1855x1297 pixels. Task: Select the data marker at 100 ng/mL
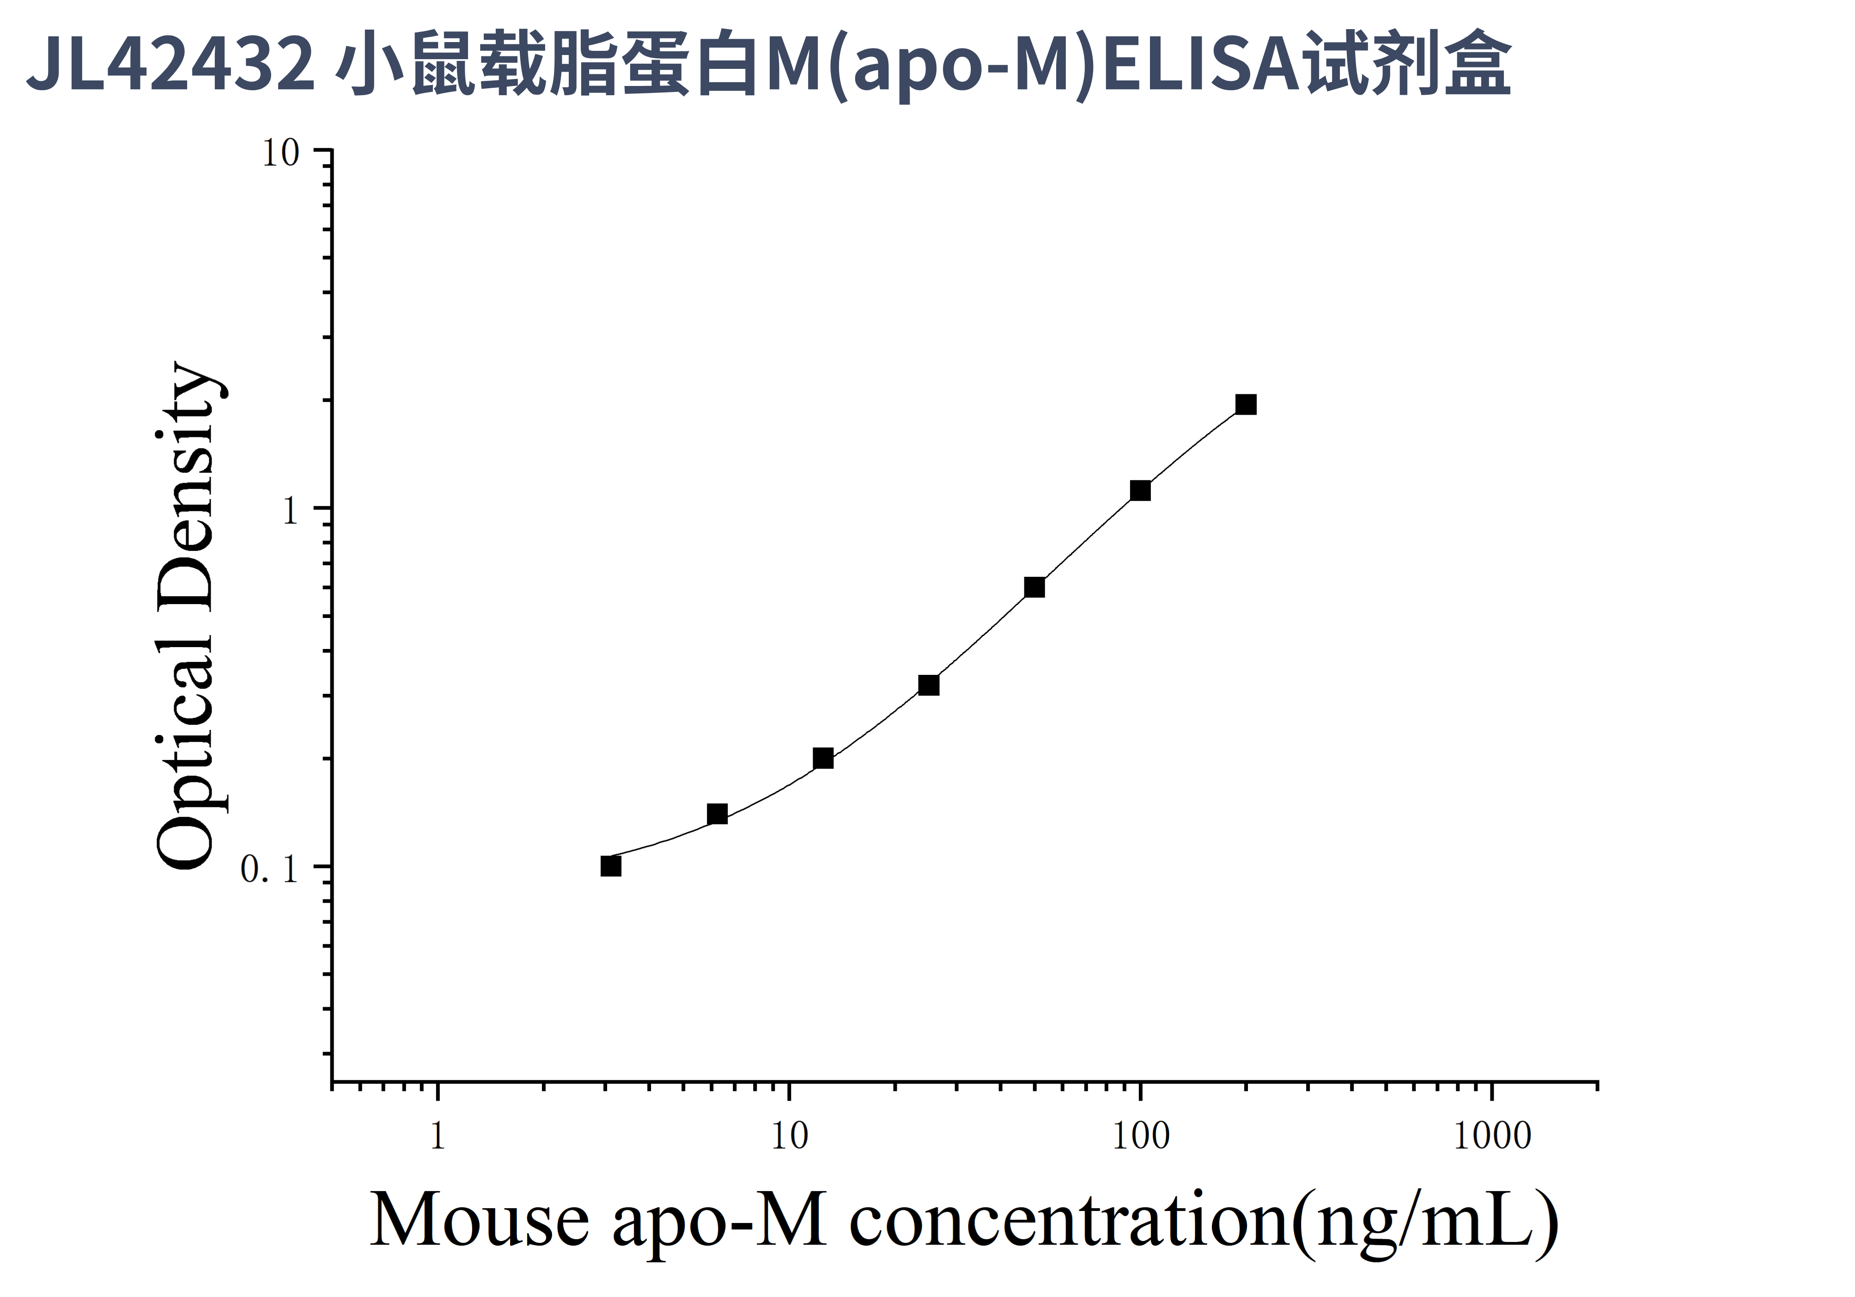(x=1140, y=490)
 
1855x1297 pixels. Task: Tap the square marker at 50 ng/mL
(x=1034, y=587)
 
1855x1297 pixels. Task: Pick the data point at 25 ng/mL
(x=929, y=685)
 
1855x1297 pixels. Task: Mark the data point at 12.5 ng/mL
(x=823, y=758)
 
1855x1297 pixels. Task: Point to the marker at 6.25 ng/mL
(x=718, y=814)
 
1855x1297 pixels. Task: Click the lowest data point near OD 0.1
(x=612, y=866)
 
